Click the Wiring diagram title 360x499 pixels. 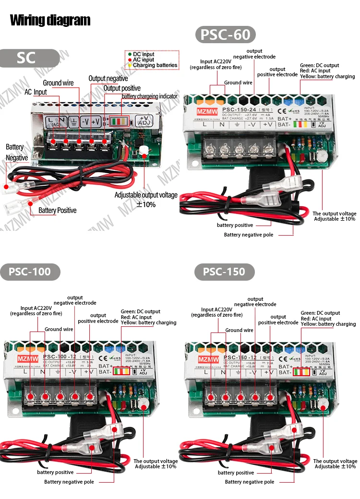50,20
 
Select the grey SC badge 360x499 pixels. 26,58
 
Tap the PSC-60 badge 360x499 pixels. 225,35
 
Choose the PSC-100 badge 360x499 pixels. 30,272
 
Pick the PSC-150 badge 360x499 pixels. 224,272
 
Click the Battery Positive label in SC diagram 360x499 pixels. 57,210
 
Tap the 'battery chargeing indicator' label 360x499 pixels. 149,96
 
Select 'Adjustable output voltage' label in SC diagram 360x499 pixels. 146,195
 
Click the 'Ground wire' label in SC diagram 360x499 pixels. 58,83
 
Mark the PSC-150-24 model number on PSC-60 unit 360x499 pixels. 237,109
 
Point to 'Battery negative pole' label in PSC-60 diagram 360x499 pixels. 249,235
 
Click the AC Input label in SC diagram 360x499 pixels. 36,92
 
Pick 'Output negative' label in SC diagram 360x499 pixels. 108,78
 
